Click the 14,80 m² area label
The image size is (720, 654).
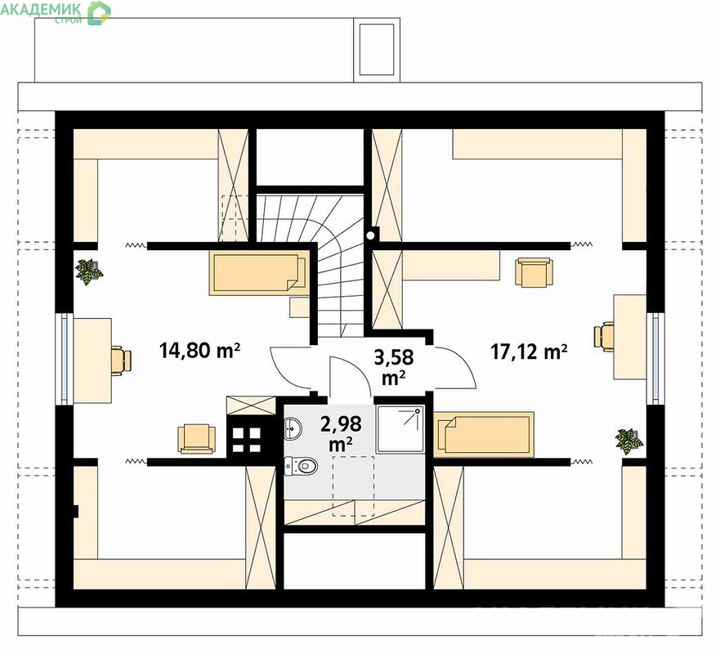[x=199, y=351]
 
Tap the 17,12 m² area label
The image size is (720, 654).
[x=529, y=352]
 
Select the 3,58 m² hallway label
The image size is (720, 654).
[x=394, y=367]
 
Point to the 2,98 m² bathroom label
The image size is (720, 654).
[x=341, y=433]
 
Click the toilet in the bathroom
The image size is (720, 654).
[x=301, y=466]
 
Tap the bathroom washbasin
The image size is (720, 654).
[x=293, y=428]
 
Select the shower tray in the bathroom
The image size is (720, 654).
[x=399, y=429]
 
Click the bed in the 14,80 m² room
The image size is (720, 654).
[x=258, y=272]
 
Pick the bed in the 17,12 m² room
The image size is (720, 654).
[x=484, y=434]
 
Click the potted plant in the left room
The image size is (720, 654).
[x=88, y=271]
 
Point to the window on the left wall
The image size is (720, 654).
[x=65, y=360]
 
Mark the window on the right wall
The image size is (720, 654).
[x=655, y=359]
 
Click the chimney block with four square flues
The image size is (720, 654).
[x=247, y=439]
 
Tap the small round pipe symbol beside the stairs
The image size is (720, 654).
[x=370, y=235]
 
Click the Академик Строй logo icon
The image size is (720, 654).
[x=99, y=13]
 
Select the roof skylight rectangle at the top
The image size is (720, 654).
[x=377, y=49]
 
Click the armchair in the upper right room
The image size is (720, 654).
[x=534, y=272]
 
